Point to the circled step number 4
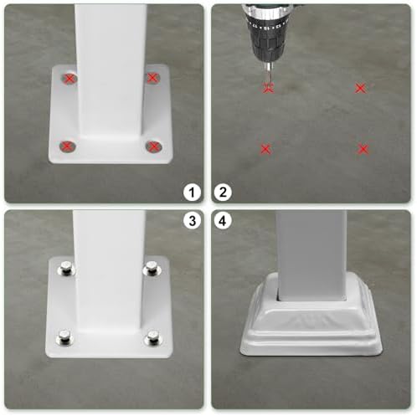point(223,222)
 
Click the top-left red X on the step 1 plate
point(69,79)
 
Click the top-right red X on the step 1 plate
point(152,78)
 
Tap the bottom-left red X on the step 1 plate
point(66,146)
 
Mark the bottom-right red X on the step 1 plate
point(153,147)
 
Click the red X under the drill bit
point(267,87)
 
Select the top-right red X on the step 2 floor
point(360,88)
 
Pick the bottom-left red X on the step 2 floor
point(265,149)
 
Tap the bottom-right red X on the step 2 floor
point(363,149)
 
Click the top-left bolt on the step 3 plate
point(64,270)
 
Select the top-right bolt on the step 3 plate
point(152,269)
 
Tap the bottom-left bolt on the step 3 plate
point(63,337)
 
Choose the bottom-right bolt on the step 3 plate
point(153,338)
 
